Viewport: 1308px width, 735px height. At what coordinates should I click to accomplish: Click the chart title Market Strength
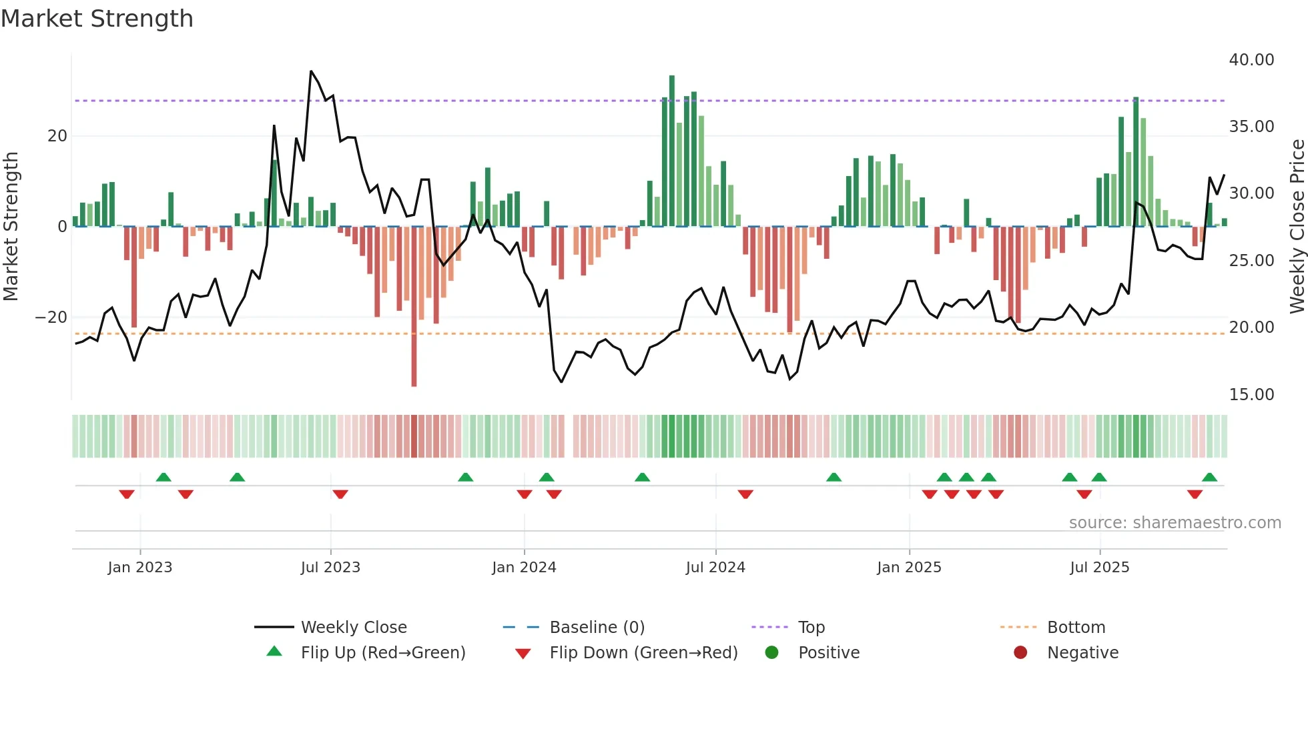point(97,19)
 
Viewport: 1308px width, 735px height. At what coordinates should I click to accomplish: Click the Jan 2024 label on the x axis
point(524,568)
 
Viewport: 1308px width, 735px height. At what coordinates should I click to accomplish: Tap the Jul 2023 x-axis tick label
point(330,568)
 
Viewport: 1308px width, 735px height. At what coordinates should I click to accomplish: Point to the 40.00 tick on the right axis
point(1251,60)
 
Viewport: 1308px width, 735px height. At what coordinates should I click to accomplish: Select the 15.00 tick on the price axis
point(1251,395)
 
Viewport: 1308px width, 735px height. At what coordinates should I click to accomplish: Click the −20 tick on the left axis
point(51,317)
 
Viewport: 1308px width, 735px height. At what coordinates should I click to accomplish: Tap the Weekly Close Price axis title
point(1297,227)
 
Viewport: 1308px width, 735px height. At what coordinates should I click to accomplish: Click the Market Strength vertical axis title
point(11,227)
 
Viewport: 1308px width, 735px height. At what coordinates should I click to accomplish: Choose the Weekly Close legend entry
point(353,628)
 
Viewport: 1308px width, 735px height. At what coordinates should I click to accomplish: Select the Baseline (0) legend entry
point(597,628)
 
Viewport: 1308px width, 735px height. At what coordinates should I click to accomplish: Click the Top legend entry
point(811,628)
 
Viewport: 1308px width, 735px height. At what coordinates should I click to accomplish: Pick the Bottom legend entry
point(1076,628)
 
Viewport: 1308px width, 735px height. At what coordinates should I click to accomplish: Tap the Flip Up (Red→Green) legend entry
point(382,653)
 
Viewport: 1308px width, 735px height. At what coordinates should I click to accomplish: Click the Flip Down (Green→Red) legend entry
point(643,653)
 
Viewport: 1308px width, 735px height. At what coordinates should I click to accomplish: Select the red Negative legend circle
point(1020,652)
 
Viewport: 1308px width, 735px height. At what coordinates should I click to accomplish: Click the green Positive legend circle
point(772,652)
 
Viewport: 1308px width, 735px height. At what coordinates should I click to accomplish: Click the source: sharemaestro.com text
point(1175,523)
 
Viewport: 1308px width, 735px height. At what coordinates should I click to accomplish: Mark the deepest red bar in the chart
point(414,307)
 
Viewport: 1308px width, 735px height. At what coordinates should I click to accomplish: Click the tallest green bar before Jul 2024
point(672,151)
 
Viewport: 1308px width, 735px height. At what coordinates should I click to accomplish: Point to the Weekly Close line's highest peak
point(311,71)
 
